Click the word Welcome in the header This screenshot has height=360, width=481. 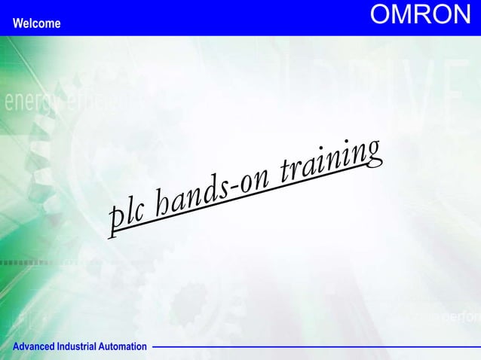37,23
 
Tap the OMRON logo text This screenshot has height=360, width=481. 420,15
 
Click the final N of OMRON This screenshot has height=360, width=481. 461,15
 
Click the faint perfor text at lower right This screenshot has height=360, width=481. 461,317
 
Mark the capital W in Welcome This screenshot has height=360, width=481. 17,23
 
